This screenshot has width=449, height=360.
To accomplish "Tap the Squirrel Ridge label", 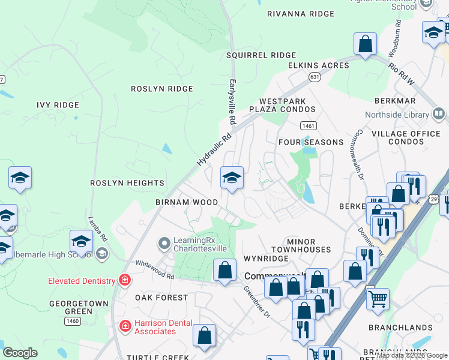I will (261, 55).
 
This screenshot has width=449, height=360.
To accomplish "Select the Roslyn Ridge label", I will (162, 89).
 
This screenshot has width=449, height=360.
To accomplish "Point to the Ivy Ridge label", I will (58, 105).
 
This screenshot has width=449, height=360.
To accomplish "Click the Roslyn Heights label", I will (127, 182).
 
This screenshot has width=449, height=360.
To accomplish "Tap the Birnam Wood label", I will (187, 202).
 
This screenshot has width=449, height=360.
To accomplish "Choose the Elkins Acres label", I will (318, 65).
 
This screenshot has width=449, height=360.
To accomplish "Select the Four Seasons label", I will (311, 142).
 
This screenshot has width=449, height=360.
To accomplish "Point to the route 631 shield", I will (314, 77).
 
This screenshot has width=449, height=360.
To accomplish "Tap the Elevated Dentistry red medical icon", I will (124, 280).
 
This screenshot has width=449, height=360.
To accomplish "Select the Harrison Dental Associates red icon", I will (125, 326).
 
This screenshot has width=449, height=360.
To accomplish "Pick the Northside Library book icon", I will (439, 114).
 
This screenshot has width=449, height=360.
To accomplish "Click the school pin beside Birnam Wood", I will (232, 178).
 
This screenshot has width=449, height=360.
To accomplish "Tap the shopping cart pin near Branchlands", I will (378, 298).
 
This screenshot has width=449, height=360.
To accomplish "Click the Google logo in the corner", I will (20, 353).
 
